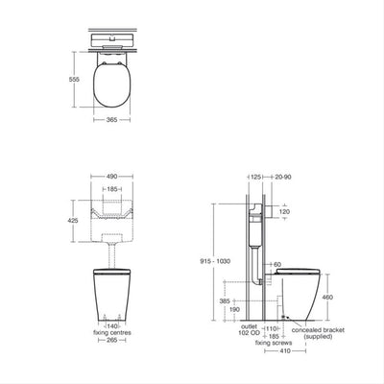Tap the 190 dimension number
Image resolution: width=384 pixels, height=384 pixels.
(234, 310)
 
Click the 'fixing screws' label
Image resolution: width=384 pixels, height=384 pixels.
(272, 342)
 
